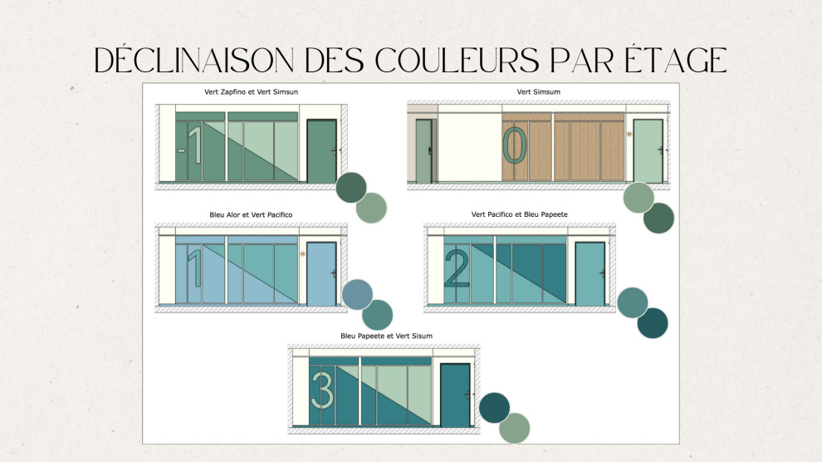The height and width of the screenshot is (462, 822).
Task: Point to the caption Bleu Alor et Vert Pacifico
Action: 251,214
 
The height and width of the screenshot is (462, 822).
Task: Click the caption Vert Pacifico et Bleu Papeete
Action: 519,214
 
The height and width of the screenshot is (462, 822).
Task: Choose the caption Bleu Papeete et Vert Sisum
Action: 386,336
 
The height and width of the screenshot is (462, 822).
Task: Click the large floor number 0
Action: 516,146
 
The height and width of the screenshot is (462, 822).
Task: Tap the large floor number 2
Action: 457,268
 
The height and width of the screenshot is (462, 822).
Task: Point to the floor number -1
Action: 191,145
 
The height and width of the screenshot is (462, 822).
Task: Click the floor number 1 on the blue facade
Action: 194,268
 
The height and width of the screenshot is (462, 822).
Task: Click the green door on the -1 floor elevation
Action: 320,151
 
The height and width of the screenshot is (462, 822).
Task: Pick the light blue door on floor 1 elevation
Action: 320,273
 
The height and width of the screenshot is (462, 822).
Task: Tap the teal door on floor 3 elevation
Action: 454,396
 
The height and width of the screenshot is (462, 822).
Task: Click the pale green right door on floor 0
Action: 648,151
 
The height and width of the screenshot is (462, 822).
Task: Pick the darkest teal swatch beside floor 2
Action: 653,323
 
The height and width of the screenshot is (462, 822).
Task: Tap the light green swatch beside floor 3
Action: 515,427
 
